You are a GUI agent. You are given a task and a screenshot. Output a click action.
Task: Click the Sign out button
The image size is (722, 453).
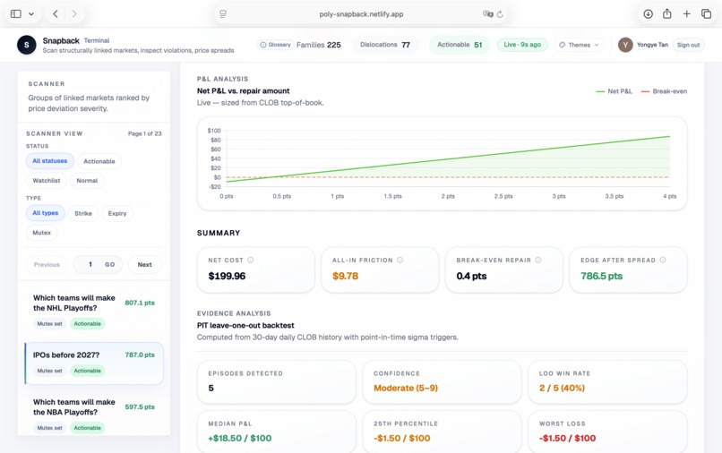click(x=688, y=45)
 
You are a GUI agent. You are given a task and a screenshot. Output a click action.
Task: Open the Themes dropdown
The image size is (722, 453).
click(x=579, y=45)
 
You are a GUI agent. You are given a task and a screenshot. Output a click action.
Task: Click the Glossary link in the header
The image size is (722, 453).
click(x=275, y=45)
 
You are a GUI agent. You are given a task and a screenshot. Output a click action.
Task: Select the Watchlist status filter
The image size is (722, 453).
click(x=47, y=181)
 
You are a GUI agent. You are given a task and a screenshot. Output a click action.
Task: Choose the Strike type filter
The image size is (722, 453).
click(x=83, y=213)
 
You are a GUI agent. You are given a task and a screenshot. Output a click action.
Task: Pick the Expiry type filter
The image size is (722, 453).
click(x=117, y=213)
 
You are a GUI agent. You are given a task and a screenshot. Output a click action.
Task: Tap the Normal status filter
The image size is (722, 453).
click(x=87, y=181)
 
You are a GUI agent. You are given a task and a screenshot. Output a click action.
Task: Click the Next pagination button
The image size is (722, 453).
click(x=144, y=264)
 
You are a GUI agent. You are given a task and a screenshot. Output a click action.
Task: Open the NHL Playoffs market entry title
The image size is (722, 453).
click(x=74, y=303)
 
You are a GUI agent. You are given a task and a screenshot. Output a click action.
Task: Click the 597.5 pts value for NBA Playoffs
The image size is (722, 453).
click(x=140, y=407)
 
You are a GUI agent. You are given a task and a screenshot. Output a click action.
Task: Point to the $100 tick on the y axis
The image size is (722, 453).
click(x=214, y=131)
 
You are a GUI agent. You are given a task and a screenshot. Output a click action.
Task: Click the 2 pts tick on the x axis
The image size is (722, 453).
click(x=448, y=196)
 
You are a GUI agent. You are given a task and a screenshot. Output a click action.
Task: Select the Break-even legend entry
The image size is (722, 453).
click(x=665, y=91)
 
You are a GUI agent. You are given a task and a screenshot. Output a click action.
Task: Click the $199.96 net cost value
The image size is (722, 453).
click(x=227, y=276)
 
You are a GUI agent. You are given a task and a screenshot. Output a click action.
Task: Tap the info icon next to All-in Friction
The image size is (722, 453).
click(x=400, y=261)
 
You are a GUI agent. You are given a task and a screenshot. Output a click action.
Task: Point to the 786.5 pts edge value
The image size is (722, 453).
click(x=601, y=276)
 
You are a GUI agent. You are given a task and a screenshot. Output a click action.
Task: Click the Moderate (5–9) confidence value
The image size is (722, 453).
click(x=406, y=388)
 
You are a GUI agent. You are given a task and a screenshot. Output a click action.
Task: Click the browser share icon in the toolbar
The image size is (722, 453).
click(x=667, y=14)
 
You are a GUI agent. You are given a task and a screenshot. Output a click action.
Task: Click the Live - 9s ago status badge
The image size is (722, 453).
click(x=522, y=45)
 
